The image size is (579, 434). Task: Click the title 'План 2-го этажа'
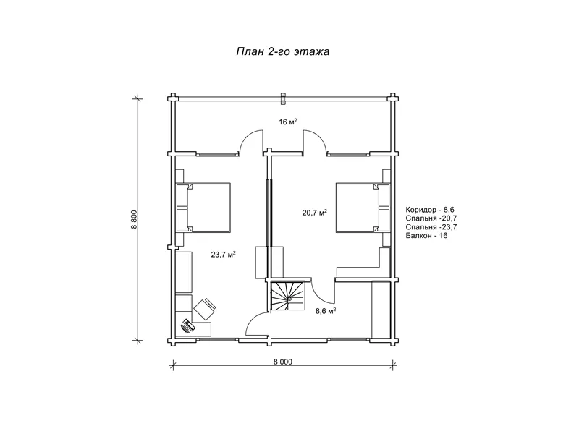283,51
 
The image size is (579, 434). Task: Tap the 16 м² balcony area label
288,122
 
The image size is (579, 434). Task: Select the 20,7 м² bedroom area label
315,213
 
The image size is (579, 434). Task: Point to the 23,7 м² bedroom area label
224,255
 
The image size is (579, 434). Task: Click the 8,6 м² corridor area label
325,311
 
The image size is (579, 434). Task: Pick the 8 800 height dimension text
134,220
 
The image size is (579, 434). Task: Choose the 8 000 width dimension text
283,362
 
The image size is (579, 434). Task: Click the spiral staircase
287,297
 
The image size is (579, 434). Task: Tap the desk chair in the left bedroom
205,309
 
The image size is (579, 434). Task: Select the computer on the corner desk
187,326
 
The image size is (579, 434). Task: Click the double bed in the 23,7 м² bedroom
208,208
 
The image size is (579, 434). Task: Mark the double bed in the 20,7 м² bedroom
358,208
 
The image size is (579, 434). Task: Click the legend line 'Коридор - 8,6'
430,210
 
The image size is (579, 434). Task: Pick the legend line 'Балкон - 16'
426,236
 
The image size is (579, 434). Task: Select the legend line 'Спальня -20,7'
431,218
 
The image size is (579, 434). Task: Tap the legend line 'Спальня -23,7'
431,227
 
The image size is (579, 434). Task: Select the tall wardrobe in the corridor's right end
381,310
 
